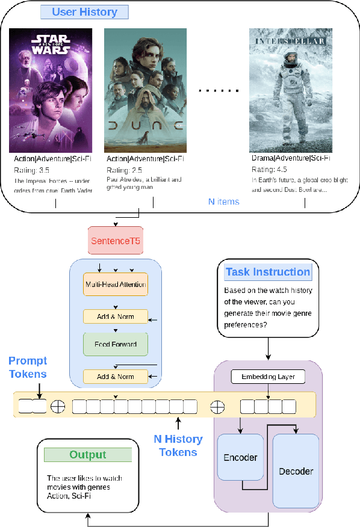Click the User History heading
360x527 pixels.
[x=84, y=12]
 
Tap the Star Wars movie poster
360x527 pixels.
[x=51, y=90]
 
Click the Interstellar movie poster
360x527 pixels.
[x=291, y=90]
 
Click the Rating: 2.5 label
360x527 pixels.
[x=123, y=170]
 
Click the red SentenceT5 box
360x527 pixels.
[x=115, y=241]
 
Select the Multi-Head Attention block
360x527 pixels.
[x=115, y=284]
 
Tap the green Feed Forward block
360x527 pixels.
[x=115, y=345]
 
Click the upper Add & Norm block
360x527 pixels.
[x=115, y=316]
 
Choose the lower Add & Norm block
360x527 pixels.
[x=115, y=377]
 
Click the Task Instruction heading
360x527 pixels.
[x=268, y=272]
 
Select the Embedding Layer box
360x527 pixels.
[x=268, y=377]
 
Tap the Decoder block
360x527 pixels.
[x=296, y=470]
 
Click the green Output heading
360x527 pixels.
[x=88, y=455]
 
